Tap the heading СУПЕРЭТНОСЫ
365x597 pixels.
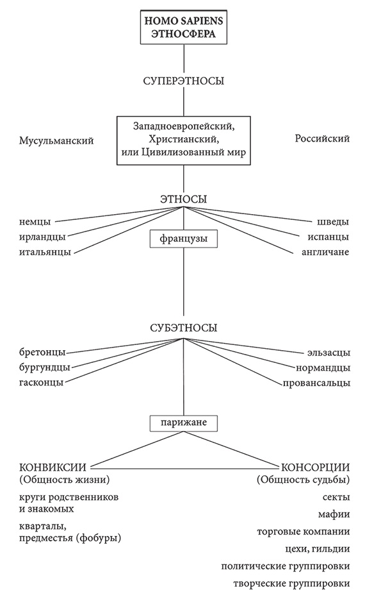click(184, 81)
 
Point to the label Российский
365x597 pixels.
click(321, 139)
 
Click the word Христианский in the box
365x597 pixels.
click(184, 139)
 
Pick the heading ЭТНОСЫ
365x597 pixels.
click(183, 199)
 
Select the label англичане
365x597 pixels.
click(325, 252)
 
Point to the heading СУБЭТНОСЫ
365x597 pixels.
click(183, 328)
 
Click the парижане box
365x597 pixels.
click(183, 423)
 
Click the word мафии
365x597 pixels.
click(334, 514)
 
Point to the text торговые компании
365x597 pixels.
click(303, 532)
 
